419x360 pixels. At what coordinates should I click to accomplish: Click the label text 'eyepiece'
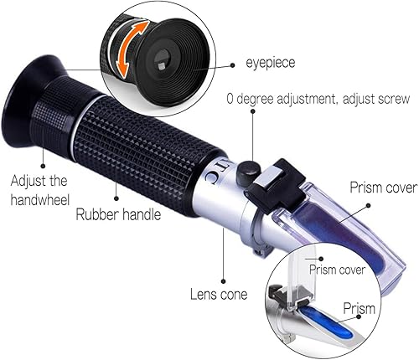click(x=270, y=63)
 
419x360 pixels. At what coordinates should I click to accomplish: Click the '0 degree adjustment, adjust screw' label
click(x=318, y=99)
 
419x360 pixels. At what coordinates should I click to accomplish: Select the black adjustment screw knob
click(x=248, y=172)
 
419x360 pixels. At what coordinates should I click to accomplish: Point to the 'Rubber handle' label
click(x=118, y=214)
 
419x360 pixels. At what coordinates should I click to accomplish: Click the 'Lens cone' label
click(x=219, y=295)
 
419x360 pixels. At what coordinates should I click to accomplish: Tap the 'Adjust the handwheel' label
click(x=39, y=191)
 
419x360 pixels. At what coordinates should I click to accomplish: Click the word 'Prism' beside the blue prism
click(x=359, y=308)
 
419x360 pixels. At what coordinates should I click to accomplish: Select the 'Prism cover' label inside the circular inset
click(x=337, y=270)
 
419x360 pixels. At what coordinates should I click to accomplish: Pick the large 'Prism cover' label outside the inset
click(x=384, y=188)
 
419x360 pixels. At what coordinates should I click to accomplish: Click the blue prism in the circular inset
click(x=326, y=321)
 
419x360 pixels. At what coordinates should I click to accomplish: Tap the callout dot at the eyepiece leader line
click(x=232, y=65)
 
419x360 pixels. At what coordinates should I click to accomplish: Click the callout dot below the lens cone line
click(x=223, y=281)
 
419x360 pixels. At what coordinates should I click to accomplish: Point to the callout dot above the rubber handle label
click(x=116, y=198)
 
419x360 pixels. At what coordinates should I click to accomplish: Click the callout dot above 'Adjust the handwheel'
click(x=43, y=166)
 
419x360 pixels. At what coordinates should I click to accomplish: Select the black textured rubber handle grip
click(x=145, y=152)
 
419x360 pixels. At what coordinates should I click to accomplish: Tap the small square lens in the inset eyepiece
click(x=162, y=65)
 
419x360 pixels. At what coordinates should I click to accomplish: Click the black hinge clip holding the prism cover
click(x=275, y=186)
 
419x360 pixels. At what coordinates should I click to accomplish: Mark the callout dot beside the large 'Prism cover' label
click(x=368, y=205)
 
